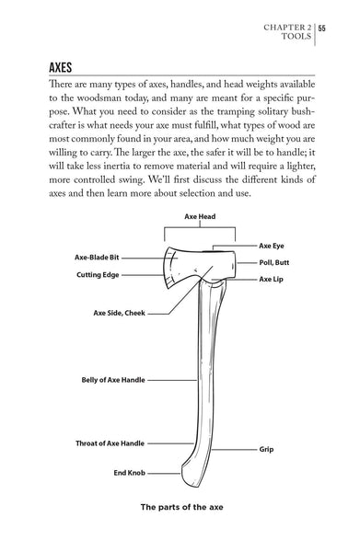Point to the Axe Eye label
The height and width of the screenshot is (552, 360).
[x=272, y=247]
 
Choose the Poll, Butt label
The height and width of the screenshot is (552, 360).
[x=275, y=262]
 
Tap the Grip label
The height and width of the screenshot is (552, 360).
[x=267, y=451]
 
